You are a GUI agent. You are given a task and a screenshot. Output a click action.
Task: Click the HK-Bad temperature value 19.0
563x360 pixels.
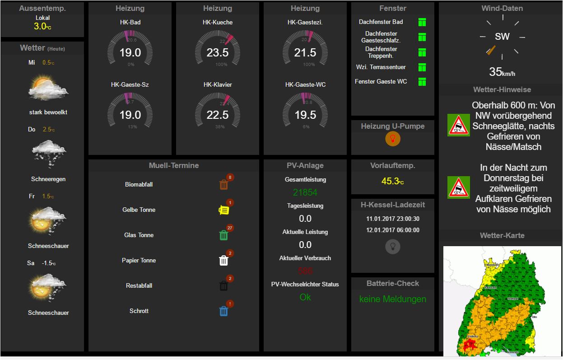130,53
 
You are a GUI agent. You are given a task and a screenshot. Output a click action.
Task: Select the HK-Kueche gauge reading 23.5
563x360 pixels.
218,53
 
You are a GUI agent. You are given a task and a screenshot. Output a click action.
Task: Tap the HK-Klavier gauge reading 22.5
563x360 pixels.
218,115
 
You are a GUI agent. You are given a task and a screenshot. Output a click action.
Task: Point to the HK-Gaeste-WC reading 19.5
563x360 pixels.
305,115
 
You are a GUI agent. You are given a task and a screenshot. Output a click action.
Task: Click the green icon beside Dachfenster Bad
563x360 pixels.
422,22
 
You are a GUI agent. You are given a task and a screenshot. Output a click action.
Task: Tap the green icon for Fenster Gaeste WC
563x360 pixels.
422,82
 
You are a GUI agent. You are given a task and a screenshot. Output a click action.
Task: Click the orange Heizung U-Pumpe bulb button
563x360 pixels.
393,139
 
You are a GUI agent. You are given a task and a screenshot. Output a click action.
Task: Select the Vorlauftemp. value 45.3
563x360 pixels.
390,181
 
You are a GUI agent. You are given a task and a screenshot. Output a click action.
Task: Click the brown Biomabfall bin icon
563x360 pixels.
223,184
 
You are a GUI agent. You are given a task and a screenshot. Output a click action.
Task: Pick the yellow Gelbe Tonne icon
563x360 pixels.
223,210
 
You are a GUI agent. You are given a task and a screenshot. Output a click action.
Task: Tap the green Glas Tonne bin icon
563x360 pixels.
223,235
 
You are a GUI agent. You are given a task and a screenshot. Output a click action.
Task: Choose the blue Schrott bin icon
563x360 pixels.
223,311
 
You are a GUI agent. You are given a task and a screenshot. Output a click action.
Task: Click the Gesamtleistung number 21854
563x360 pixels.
305,192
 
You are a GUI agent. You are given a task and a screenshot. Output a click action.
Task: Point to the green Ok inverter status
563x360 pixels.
305,297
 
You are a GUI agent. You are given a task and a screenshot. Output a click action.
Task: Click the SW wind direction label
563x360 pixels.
502,37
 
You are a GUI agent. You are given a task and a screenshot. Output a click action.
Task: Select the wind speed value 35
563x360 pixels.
496,72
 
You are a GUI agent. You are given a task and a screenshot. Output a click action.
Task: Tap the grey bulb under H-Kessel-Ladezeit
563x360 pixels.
393,246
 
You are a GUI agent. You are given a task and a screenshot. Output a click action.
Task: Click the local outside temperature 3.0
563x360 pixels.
40,26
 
